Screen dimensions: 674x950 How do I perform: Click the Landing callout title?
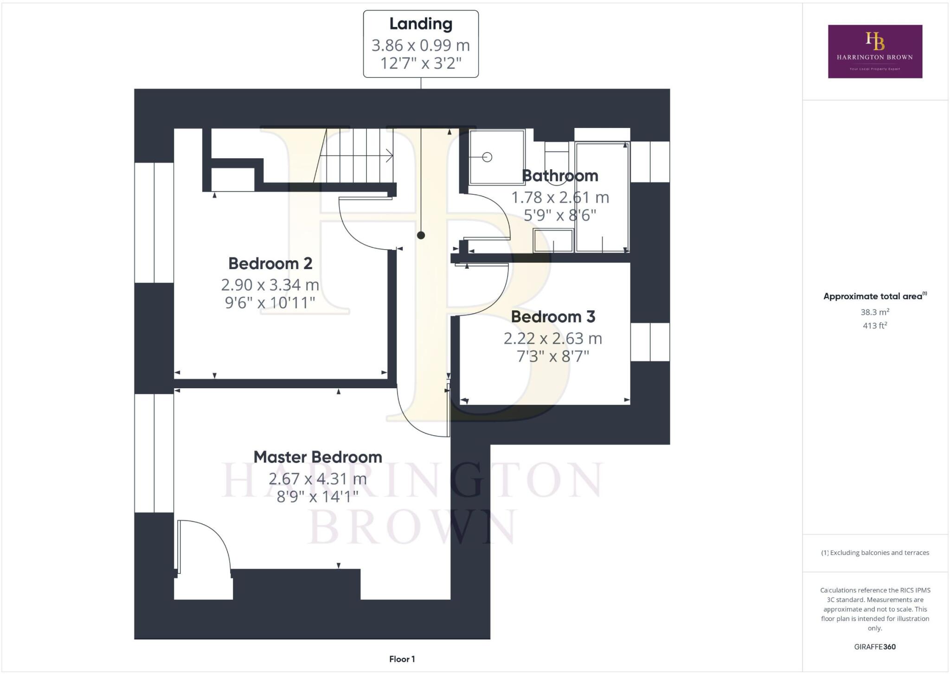(420, 24)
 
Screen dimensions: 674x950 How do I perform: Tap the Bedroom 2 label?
(270, 263)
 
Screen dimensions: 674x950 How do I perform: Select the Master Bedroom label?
(317, 457)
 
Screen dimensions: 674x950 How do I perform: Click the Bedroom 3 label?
(553, 317)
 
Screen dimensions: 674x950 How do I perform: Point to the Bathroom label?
(560, 176)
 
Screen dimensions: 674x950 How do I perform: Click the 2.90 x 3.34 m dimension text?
(270, 284)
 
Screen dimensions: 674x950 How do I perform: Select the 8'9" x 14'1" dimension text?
(317, 497)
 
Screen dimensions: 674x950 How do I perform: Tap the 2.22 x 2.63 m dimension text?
(553, 338)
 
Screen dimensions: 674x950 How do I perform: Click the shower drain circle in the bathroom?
(487, 157)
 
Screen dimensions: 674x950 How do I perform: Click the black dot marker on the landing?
(421, 235)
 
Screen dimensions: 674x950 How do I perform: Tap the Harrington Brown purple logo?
(875, 51)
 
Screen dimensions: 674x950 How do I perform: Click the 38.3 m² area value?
(875, 312)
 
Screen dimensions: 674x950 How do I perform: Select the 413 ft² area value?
(875, 326)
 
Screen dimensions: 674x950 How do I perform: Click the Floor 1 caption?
(402, 659)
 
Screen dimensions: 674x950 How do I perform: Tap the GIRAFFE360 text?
(875, 647)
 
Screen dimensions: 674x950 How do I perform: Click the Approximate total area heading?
(873, 296)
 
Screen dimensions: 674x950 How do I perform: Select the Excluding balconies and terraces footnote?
(875, 552)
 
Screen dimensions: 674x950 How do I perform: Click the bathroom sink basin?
(553, 240)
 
